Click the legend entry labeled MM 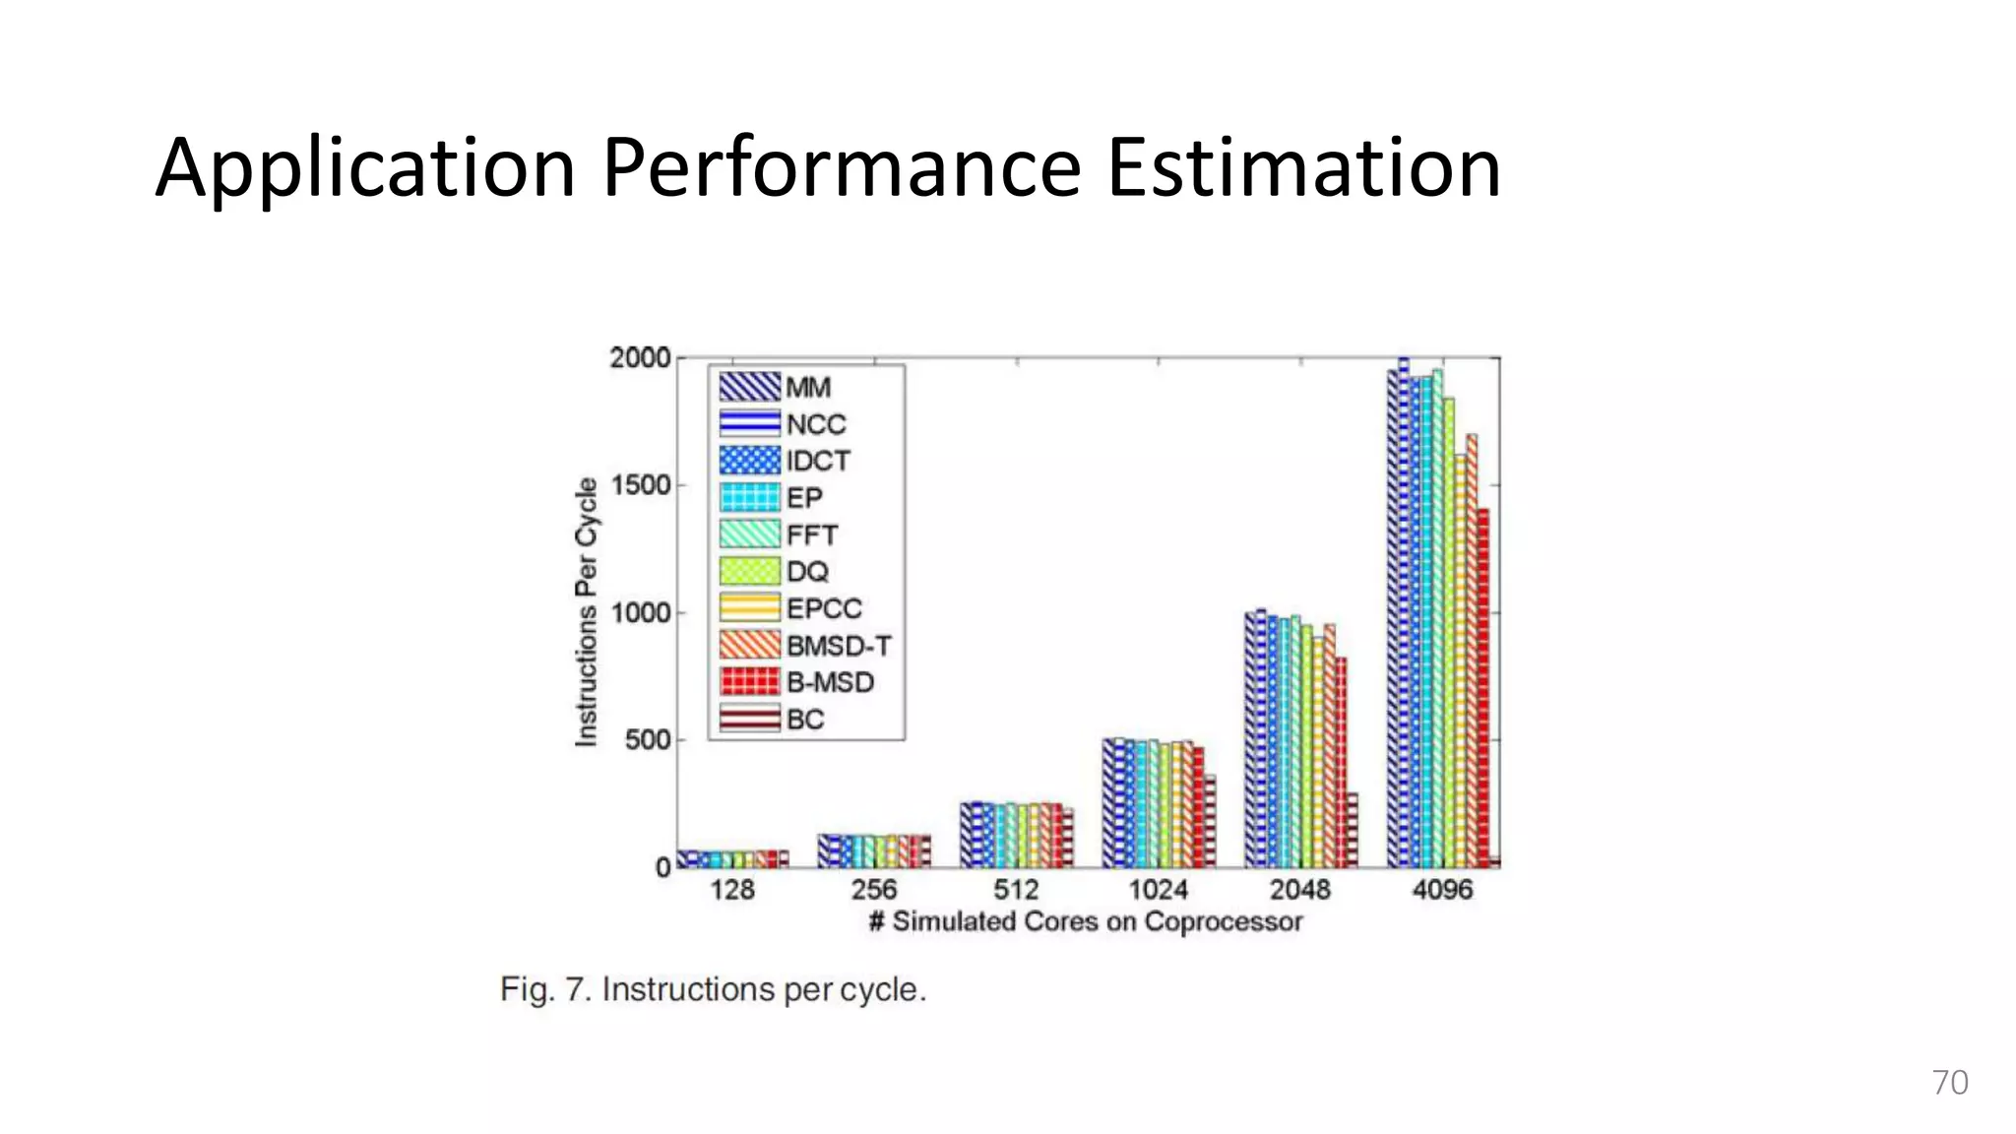(x=776, y=387)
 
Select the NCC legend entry (x=783, y=424)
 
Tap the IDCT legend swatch (x=750, y=461)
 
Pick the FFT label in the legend (x=812, y=535)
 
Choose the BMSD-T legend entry (x=805, y=646)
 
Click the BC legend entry (x=773, y=720)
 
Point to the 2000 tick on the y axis (x=640, y=358)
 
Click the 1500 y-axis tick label (x=640, y=485)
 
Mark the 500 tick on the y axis (x=648, y=740)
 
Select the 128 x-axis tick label (x=732, y=890)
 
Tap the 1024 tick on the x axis (x=1158, y=890)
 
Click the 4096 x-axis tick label (x=1442, y=890)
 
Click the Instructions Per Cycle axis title (x=587, y=612)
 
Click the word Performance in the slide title (x=842, y=167)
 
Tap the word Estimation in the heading (x=1303, y=167)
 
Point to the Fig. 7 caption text (x=713, y=989)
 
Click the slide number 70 (x=1949, y=1083)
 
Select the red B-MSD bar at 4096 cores (x=1483, y=689)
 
